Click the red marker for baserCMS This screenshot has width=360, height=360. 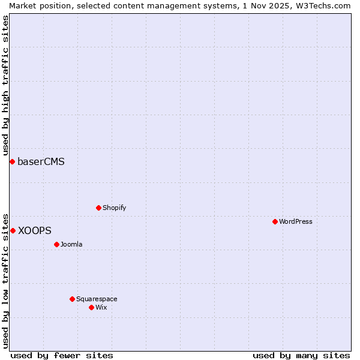(x=12, y=161)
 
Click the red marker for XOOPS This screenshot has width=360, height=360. (x=13, y=230)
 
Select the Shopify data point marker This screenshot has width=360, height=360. (x=98, y=208)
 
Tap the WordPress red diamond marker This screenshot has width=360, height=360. (x=275, y=221)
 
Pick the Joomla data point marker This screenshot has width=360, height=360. (x=56, y=244)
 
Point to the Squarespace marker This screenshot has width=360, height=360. (x=72, y=299)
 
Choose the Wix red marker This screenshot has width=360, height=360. (x=91, y=307)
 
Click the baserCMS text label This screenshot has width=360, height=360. (x=41, y=161)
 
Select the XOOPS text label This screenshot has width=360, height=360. (x=34, y=230)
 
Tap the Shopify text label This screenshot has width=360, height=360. (x=114, y=208)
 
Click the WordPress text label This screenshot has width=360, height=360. (x=295, y=221)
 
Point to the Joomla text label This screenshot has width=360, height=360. (x=71, y=244)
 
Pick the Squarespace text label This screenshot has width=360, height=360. (x=97, y=299)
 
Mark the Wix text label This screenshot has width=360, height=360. (x=101, y=307)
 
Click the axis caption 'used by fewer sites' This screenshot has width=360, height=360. (x=62, y=355)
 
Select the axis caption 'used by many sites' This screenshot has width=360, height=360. (x=301, y=355)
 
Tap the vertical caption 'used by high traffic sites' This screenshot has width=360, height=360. (x=5, y=85)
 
